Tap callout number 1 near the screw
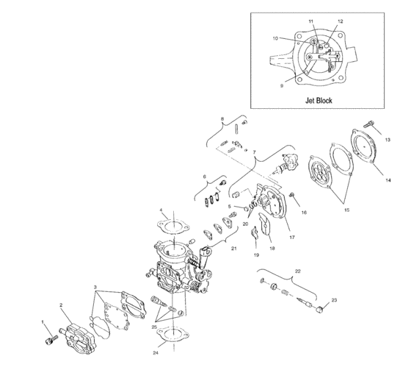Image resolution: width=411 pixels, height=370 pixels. coord(43,322)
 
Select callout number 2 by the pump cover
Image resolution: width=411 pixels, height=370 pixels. coord(61,305)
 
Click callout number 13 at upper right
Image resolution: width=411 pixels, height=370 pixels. coord(388,139)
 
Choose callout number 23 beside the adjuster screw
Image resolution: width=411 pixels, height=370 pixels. coord(334,300)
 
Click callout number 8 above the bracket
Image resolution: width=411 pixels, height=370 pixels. coord(222,118)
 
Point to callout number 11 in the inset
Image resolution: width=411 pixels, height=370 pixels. coord(310,23)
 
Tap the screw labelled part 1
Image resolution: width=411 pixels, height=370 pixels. coord(51,340)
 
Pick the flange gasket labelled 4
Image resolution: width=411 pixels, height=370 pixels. coord(173,224)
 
